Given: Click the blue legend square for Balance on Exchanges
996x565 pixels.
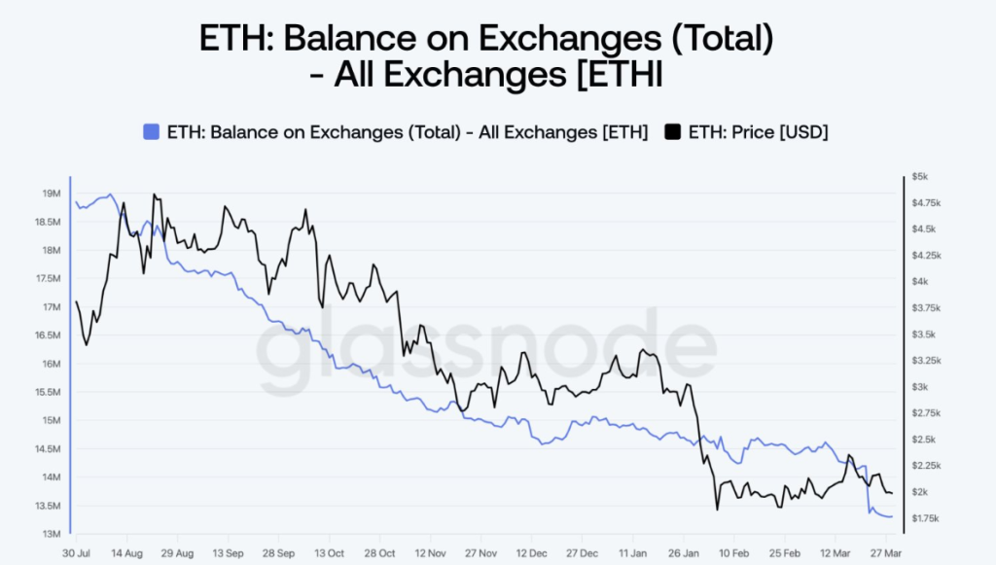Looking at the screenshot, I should tap(150, 132).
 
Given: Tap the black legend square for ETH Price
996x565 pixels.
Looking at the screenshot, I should tap(672, 132).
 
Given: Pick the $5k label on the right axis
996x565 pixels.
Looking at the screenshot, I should tap(920, 177).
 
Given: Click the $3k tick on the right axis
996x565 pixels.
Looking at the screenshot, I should tap(920, 387).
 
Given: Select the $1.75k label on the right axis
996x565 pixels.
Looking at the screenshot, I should tap(925, 518).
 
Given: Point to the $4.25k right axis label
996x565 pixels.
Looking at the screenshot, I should tap(925, 255).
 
